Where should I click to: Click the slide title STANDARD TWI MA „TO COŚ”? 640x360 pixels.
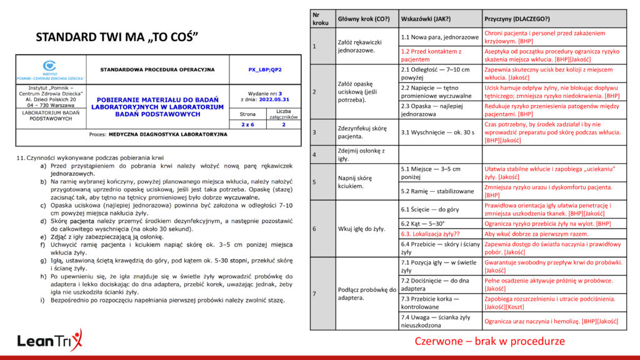click(x=117, y=37)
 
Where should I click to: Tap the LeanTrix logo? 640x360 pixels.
click(x=49, y=341)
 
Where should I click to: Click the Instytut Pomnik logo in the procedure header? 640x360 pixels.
click(x=50, y=70)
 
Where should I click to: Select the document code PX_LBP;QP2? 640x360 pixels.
click(x=265, y=69)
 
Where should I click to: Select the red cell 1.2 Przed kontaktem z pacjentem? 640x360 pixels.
click(x=431, y=55)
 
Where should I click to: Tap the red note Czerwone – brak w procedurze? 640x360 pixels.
click(x=489, y=341)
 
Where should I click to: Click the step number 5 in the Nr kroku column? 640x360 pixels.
click(x=314, y=182)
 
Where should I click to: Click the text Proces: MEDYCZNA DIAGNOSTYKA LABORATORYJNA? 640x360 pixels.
click(x=159, y=134)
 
